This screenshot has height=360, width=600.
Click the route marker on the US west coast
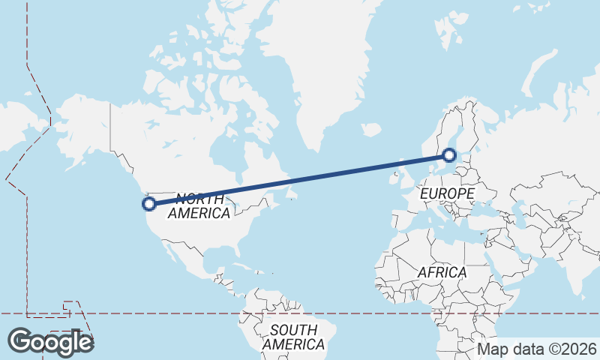pos(149,202)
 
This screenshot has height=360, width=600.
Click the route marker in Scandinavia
pos(448,155)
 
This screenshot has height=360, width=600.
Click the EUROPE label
pos(447,193)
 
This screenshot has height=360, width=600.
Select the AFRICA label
pos(442,272)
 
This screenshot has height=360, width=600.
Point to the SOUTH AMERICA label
pos(293,337)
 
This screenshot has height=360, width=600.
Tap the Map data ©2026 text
pos(537,349)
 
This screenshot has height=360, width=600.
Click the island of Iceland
pos(370,130)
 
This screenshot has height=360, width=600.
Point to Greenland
pos(330,67)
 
